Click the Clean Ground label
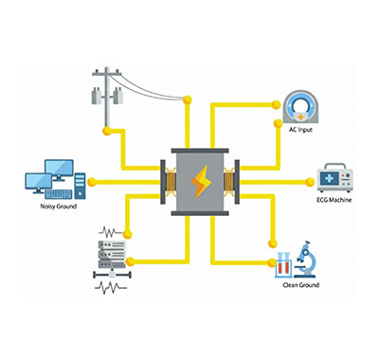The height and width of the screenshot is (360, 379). pyautogui.click(x=301, y=284)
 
